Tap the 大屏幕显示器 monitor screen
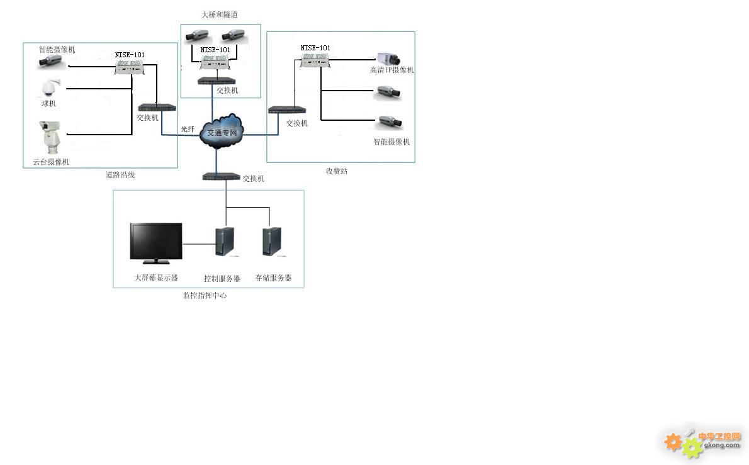pyautogui.click(x=155, y=240)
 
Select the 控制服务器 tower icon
pyautogui.click(x=224, y=242)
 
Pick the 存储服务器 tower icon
pyautogui.click(x=271, y=242)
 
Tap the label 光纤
pyautogui.click(x=188, y=129)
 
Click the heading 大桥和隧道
pyautogui.click(x=220, y=14)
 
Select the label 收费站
pyautogui.click(x=336, y=171)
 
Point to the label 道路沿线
pyautogui.click(x=120, y=175)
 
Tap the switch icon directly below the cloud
pyautogui.click(x=222, y=177)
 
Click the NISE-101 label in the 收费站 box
pyautogui.click(x=315, y=48)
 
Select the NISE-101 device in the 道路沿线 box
pyautogui.click(x=130, y=67)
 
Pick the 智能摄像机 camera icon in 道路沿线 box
pyautogui.click(x=52, y=61)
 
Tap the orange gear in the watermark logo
pyautogui.click(x=673, y=442)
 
